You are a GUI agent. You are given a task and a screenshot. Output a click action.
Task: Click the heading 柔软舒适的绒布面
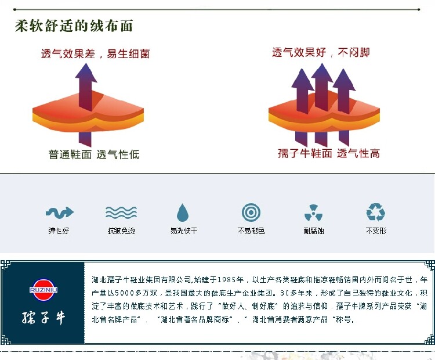pos(74,26)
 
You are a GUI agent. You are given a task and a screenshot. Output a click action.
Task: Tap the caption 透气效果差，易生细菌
pos(95,54)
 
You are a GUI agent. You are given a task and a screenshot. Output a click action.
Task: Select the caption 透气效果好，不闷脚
pos(321,53)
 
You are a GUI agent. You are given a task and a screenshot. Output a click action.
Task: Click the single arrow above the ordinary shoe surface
pos(86,87)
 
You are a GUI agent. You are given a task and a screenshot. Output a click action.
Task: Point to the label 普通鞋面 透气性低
pos(93,154)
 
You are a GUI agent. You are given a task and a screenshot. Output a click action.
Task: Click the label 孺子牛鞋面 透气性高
pos(328,153)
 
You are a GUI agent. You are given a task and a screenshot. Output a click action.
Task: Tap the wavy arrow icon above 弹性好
pos(59,212)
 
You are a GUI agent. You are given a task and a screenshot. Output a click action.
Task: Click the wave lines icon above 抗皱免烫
pos(121,213)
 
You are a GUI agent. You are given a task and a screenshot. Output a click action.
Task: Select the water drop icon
pos(183,213)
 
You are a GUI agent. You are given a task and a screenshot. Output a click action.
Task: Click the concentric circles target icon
pos(251,212)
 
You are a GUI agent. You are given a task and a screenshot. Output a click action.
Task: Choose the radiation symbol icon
pos(313,213)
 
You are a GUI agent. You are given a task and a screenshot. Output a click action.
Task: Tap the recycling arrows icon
pos(376,212)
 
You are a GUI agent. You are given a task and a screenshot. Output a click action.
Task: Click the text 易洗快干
pos(183,231)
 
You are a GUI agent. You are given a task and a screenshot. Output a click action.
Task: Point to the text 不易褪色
pos(251,231)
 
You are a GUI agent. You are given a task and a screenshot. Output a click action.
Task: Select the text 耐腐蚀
pos(313,231)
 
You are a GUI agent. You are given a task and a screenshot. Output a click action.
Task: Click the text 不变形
pos(376,231)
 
